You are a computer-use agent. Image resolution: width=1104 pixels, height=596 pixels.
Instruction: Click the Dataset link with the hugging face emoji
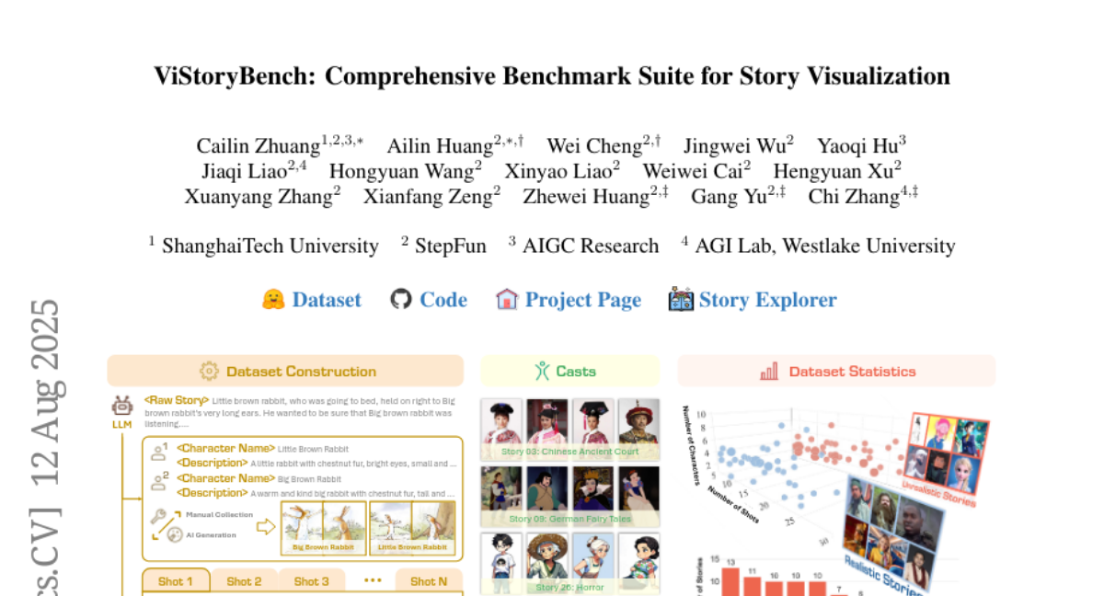(326, 300)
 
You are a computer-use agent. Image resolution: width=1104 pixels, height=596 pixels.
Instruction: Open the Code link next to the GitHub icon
(443, 300)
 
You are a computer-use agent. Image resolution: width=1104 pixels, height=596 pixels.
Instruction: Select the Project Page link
(582, 300)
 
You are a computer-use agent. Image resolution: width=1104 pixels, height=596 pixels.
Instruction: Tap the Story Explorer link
(767, 300)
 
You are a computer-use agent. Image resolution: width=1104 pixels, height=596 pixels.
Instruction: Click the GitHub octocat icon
(400, 300)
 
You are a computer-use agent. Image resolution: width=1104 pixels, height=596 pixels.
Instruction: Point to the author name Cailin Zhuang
(258, 146)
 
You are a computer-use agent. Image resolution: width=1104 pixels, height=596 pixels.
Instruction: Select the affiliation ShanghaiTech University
(270, 246)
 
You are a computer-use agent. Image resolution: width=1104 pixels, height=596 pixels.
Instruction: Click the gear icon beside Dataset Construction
(209, 372)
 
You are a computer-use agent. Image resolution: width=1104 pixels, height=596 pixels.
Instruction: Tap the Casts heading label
(576, 372)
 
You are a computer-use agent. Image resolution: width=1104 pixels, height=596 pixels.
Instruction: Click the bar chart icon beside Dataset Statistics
(769, 372)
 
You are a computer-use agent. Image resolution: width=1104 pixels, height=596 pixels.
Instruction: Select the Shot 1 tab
(176, 581)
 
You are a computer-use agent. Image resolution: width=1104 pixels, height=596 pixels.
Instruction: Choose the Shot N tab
(429, 581)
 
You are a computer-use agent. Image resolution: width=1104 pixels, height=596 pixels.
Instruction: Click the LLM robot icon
(122, 407)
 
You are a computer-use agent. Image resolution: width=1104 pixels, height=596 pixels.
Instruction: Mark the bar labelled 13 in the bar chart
(730, 582)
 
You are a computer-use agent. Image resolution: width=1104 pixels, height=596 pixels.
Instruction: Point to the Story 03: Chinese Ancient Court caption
(569, 453)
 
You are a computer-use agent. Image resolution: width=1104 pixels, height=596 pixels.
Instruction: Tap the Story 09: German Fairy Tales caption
(569, 520)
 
